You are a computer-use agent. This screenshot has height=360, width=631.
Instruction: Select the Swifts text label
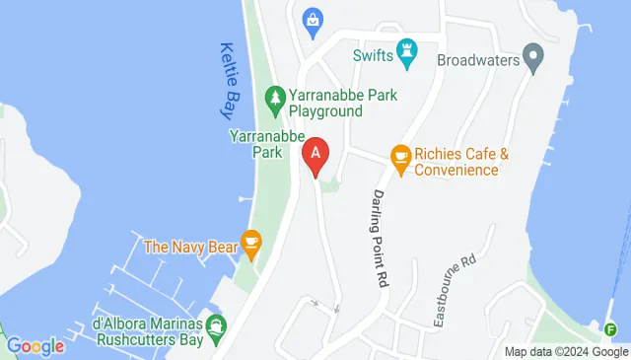(374, 55)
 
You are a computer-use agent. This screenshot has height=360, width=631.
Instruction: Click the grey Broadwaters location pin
(533, 57)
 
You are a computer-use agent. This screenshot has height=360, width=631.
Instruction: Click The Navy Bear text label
(190, 247)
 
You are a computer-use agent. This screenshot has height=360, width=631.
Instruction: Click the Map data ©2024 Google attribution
(566, 351)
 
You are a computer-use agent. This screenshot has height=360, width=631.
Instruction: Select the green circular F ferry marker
(611, 328)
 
